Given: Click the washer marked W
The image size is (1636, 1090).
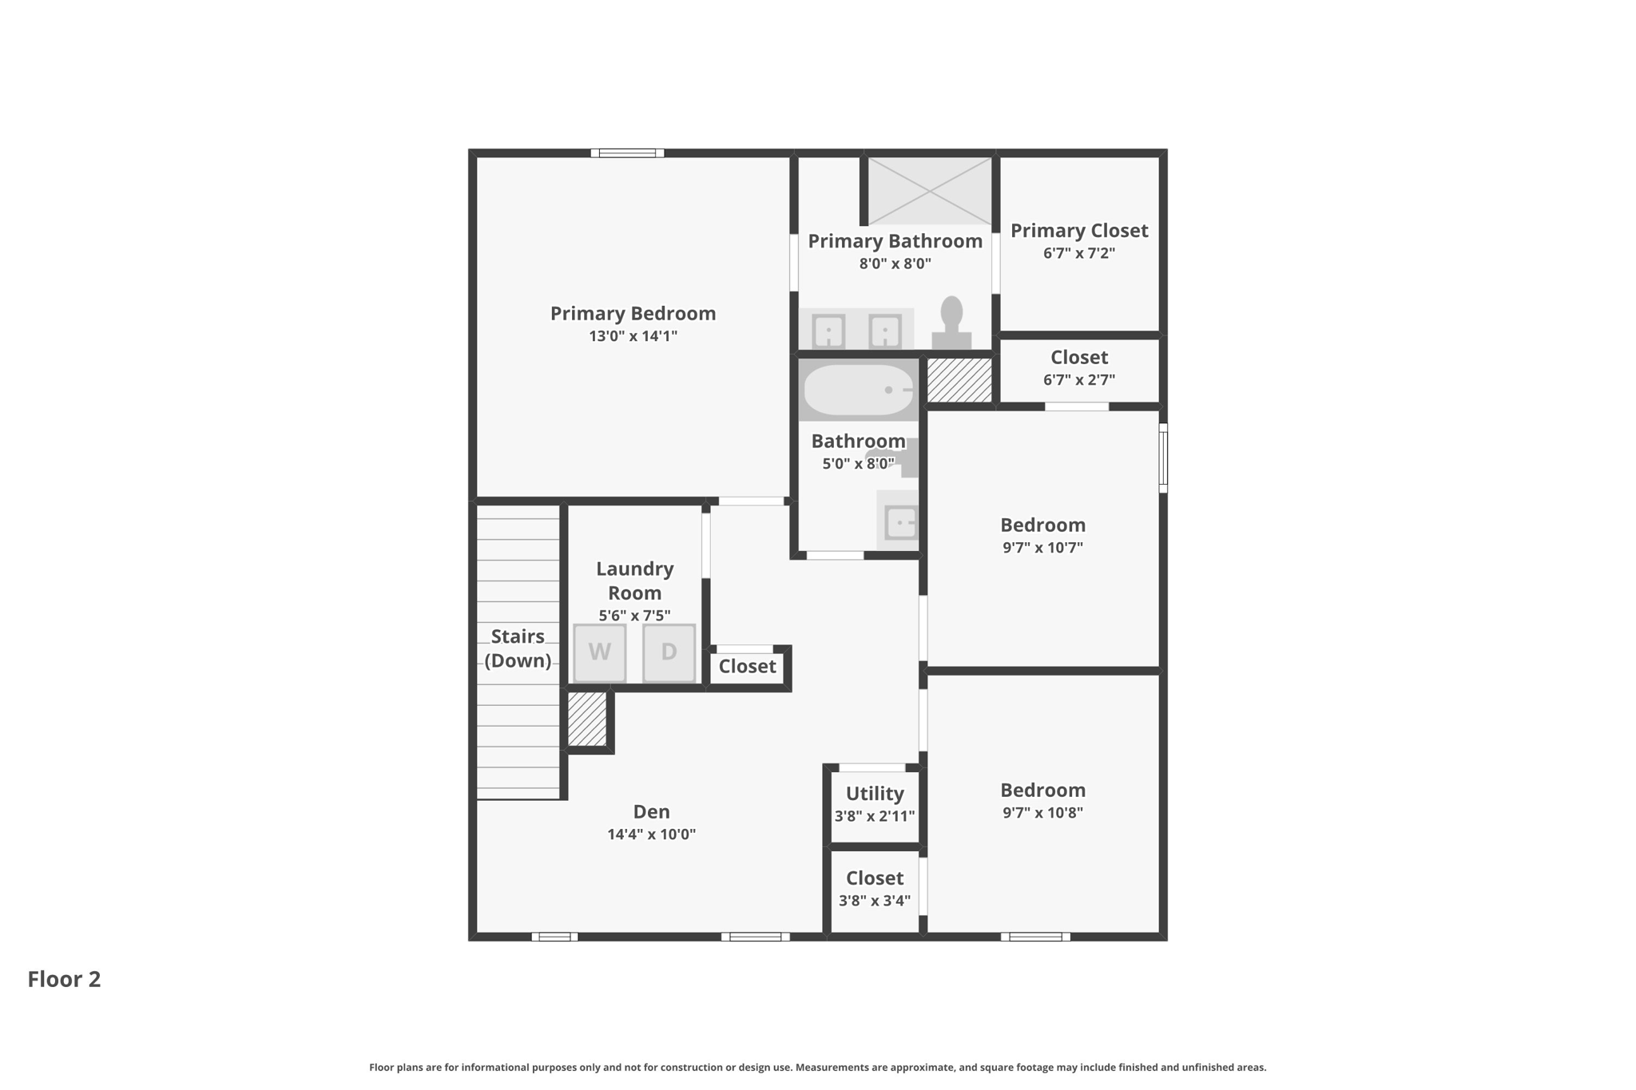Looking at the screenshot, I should pyautogui.click(x=599, y=652).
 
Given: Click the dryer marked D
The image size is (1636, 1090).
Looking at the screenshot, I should pyautogui.click(x=669, y=652).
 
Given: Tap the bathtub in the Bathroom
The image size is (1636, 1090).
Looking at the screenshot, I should pyautogui.click(x=858, y=390).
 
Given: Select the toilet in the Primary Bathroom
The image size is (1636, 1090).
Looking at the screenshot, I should pyautogui.click(x=951, y=323).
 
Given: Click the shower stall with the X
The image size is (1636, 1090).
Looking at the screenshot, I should pyautogui.click(x=929, y=191).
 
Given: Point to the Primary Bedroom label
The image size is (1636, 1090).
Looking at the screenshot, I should pyautogui.click(x=633, y=314).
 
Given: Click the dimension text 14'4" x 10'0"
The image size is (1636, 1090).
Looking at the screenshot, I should pyautogui.click(x=651, y=834).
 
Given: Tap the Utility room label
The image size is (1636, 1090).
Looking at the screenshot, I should pyautogui.click(x=875, y=794).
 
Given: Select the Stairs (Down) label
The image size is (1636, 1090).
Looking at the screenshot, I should pyautogui.click(x=518, y=648).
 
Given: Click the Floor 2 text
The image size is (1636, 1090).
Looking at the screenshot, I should pyautogui.click(x=64, y=979).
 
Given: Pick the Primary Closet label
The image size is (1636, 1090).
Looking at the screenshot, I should pyautogui.click(x=1078, y=231).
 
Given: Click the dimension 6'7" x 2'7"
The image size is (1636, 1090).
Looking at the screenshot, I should pyautogui.click(x=1078, y=380).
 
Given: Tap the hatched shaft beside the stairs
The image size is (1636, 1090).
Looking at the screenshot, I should pyautogui.click(x=587, y=719).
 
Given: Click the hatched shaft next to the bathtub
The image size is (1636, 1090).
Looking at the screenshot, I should pyautogui.click(x=959, y=380).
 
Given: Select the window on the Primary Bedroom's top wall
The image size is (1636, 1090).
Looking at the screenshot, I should pyautogui.click(x=627, y=153).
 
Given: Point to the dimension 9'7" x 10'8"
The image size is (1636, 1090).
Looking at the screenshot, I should pyautogui.click(x=1042, y=813).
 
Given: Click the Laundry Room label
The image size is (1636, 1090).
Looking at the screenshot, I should pyautogui.click(x=634, y=581).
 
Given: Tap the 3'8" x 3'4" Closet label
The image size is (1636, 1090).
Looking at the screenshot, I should pyautogui.click(x=875, y=878).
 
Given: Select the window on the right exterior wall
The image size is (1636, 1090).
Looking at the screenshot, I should pyautogui.click(x=1163, y=458).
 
